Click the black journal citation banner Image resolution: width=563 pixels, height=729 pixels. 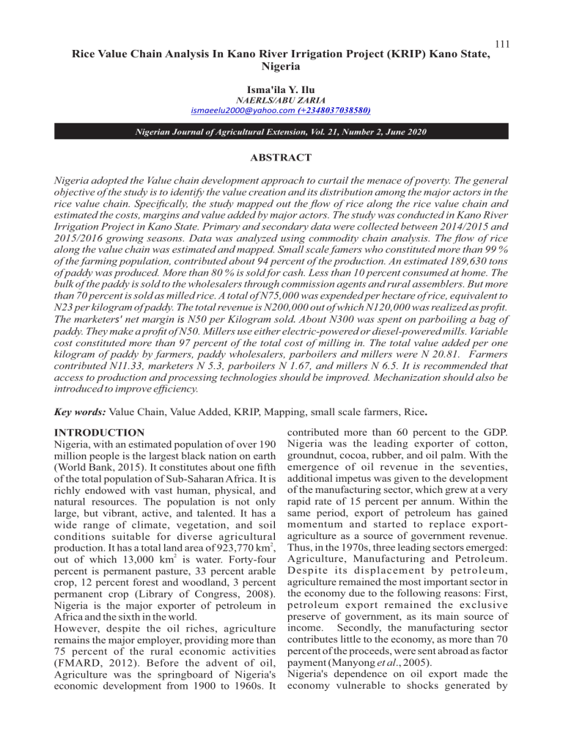click(281, 132)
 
